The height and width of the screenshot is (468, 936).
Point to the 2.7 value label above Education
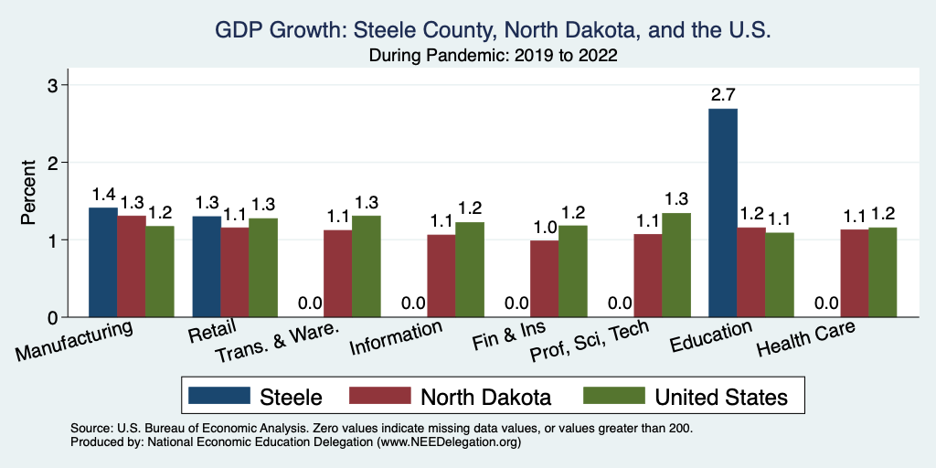[722, 94]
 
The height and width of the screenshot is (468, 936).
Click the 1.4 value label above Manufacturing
[102, 194]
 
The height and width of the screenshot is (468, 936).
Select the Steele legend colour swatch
[219, 397]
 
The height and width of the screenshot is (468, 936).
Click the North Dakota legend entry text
[485, 397]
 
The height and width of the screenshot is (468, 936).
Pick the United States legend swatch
[612, 397]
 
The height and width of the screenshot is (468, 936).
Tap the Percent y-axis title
[29, 201]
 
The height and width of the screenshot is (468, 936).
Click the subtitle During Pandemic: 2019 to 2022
[494, 56]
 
